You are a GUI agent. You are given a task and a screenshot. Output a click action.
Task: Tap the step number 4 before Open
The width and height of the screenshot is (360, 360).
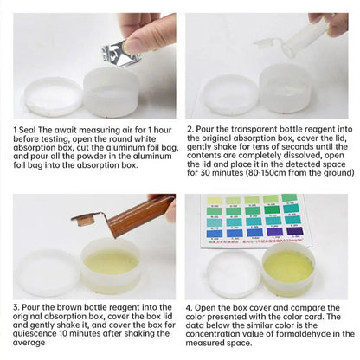pyautogui.click(x=190, y=309)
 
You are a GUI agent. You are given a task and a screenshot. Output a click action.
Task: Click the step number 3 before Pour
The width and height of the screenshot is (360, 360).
pyautogui.click(x=15, y=308)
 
